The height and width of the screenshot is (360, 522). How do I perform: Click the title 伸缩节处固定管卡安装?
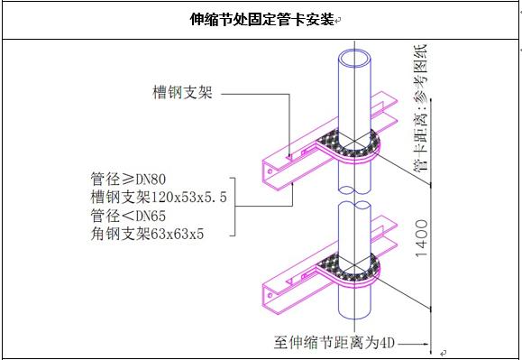(x=261, y=19)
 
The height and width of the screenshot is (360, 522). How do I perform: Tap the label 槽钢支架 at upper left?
(x=182, y=92)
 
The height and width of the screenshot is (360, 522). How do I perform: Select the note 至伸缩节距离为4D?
(x=334, y=343)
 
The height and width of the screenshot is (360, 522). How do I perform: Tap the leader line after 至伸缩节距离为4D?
(x=417, y=344)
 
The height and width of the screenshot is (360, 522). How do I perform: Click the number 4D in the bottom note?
(x=387, y=343)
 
